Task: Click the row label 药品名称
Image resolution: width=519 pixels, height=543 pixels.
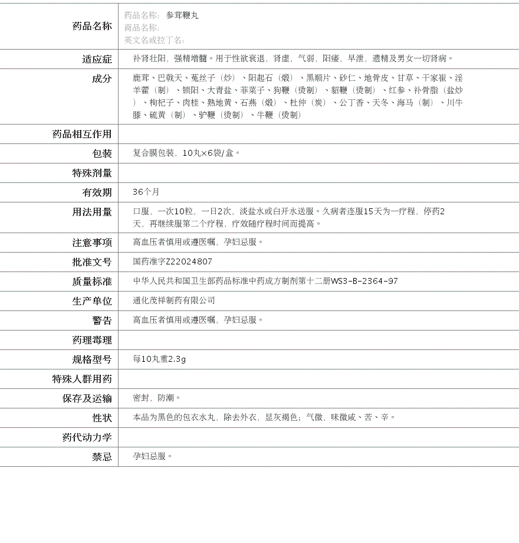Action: click(92, 26)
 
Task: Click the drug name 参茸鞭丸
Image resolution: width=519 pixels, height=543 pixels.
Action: click(182, 15)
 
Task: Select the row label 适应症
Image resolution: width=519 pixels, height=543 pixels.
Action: click(97, 59)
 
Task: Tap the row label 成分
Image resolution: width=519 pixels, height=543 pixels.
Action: click(101, 78)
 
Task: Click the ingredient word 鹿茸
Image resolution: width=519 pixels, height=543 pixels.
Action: click(141, 78)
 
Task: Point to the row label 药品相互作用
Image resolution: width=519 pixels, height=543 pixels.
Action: click(82, 134)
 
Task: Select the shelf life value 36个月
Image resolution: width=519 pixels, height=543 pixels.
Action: click(146, 192)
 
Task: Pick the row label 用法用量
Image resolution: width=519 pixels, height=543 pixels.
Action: click(92, 212)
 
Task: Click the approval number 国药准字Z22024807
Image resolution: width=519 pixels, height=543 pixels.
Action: click(172, 261)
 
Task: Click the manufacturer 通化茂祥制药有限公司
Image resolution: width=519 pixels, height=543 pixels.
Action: click(174, 300)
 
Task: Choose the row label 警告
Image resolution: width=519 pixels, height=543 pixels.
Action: click(101, 320)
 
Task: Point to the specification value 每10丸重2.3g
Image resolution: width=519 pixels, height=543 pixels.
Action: click(159, 359)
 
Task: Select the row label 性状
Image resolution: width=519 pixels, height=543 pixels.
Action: click(101, 418)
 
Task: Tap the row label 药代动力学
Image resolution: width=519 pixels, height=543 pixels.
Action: click(87, 437)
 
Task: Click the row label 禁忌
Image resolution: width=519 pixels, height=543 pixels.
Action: click(101, 457)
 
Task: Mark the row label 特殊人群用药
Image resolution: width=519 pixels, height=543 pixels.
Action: click(82, 379)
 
